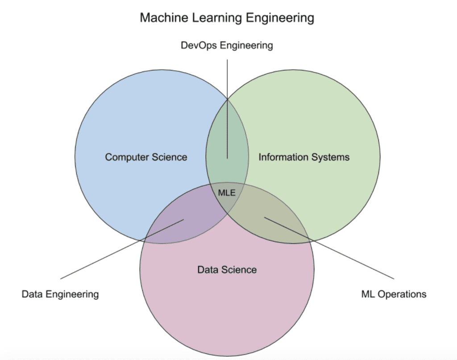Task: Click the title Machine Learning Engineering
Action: (227, 18)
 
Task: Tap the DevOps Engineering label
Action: (227, 45)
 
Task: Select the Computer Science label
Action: (146, 157)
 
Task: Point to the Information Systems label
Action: (304, 157)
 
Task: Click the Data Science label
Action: (227, 270)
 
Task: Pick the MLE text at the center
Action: (226, 193)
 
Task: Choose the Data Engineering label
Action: (60, 294)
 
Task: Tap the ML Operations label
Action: (394, 294)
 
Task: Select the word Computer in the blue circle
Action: (126, 157)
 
